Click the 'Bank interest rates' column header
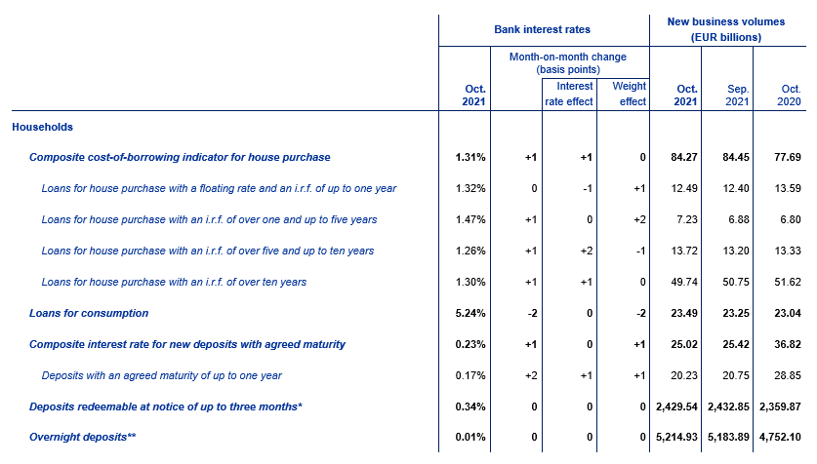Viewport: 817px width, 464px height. click(542, 29)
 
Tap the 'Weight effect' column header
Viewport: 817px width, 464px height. click(629, 94)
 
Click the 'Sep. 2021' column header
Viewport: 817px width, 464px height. click(737, 96)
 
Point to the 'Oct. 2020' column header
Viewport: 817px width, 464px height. click(790, 96)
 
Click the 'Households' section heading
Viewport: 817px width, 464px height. click(42, 127)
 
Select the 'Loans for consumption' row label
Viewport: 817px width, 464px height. click(89, 313)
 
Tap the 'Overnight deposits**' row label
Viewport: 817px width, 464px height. click(82, 437)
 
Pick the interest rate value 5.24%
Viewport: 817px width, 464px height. click(470, 313)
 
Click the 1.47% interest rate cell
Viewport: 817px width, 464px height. click(470, 219)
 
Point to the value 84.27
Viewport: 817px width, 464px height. click(684, 157)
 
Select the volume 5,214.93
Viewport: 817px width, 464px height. click(676, 437)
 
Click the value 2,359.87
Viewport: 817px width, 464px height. click(780, 406)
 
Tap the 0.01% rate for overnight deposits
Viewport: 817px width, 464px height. click(470, 437)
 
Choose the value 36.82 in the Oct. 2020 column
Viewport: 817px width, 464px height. click(788, 344)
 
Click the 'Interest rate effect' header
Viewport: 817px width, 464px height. click(569, 94)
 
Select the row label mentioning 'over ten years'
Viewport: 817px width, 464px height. click(174, 282)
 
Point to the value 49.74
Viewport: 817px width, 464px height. click(684, 282)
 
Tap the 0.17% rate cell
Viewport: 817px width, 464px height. click(470, 375)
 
